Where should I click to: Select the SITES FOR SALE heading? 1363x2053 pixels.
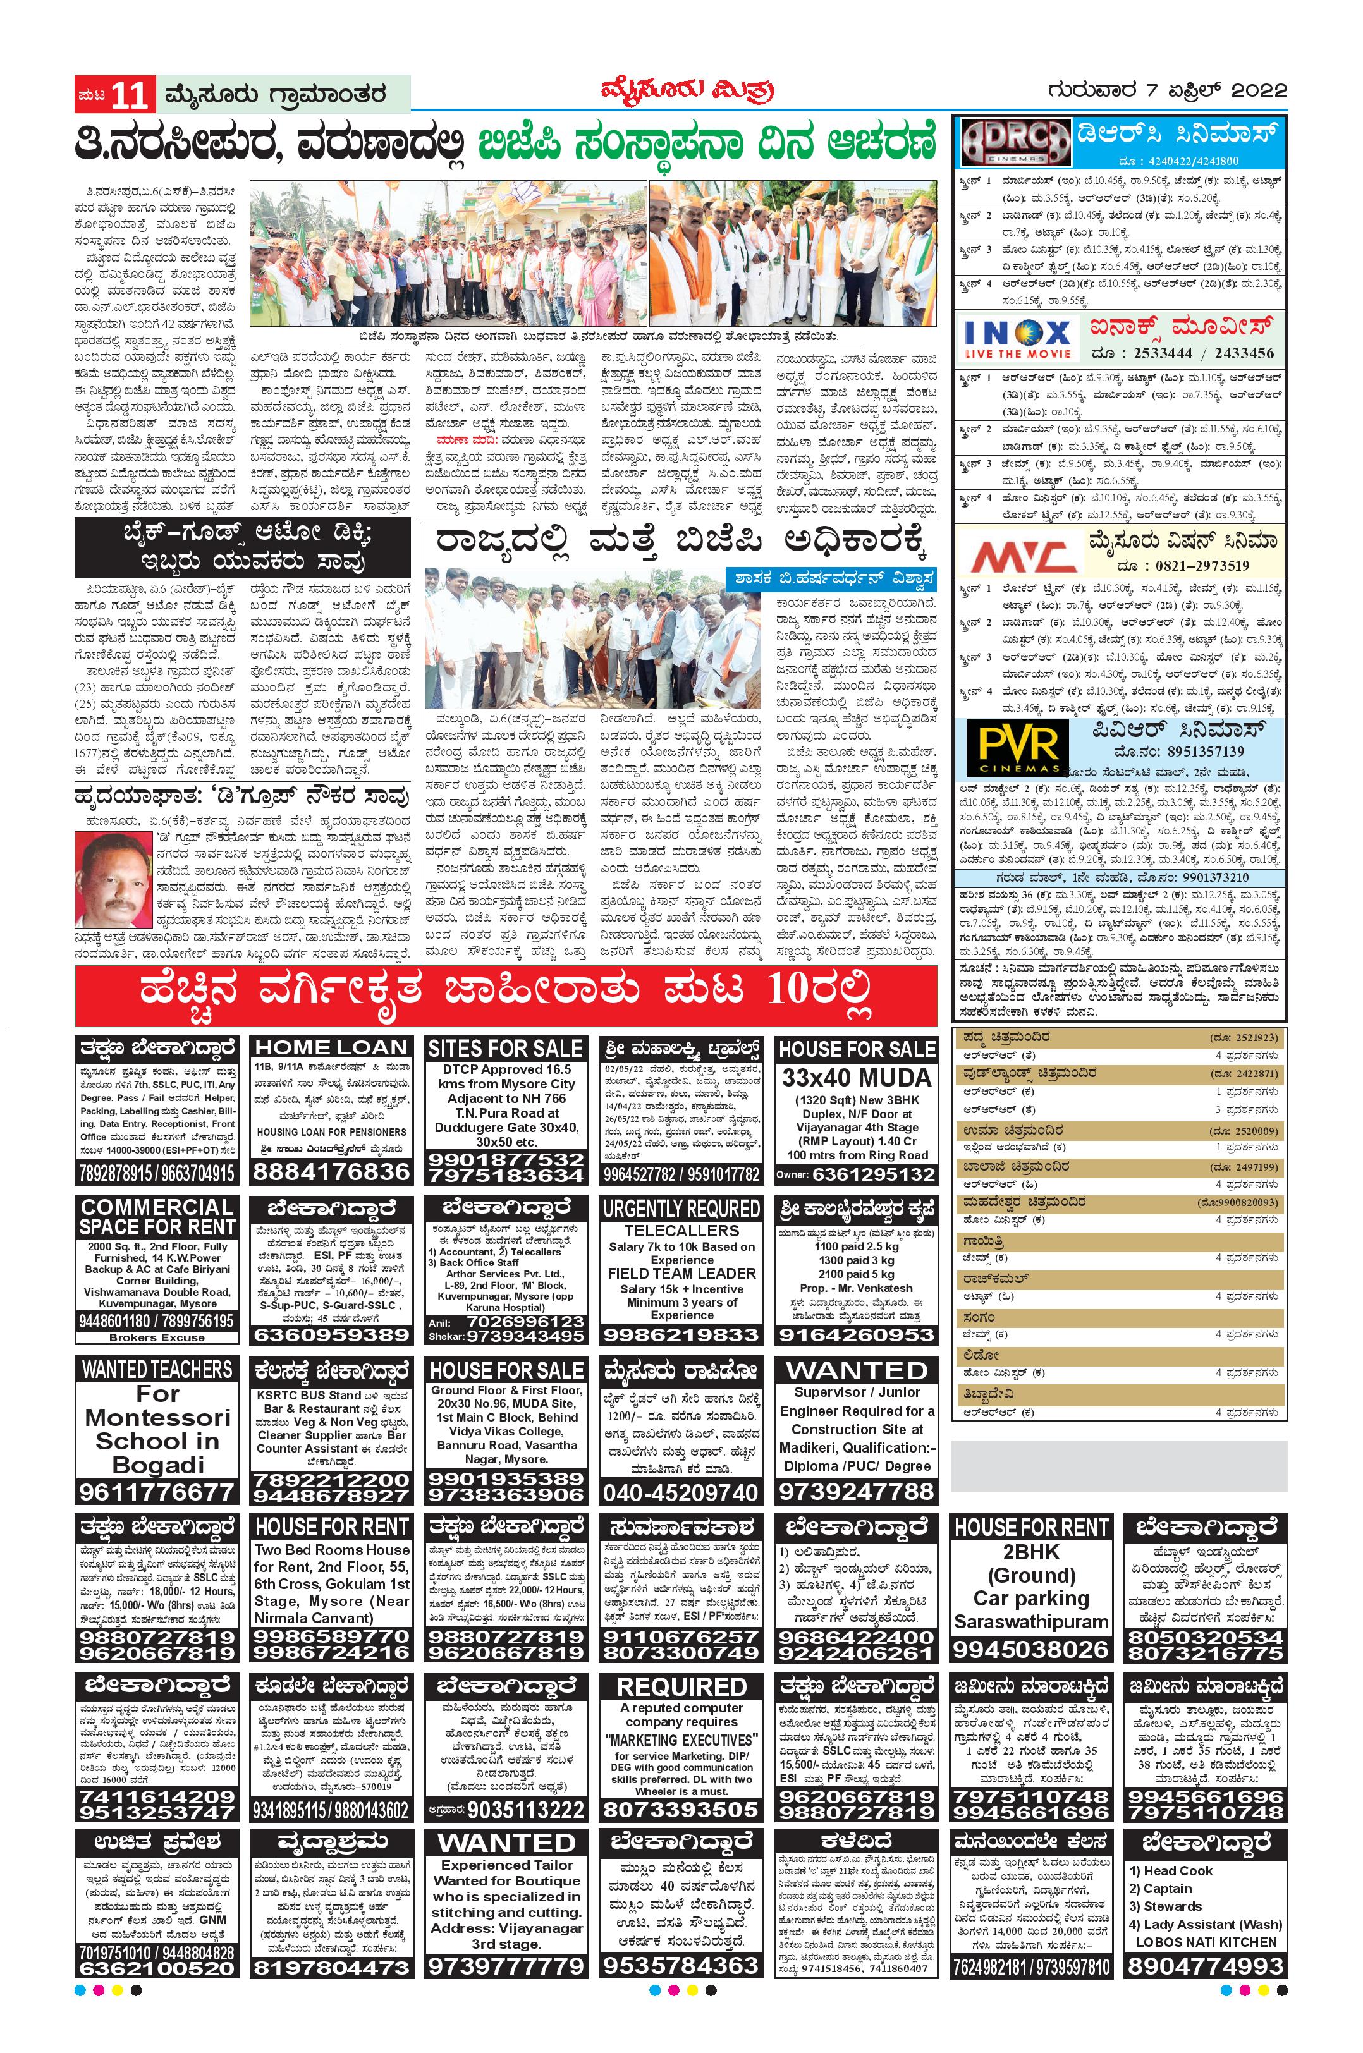click(506, 1048)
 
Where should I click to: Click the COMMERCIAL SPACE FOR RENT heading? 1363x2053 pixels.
click(157, 1217)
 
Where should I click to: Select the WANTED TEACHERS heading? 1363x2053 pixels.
click(157, 1369)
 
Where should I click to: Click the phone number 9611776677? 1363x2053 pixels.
click(157, 1492)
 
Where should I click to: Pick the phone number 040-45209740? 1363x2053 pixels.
click(681, 1493)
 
